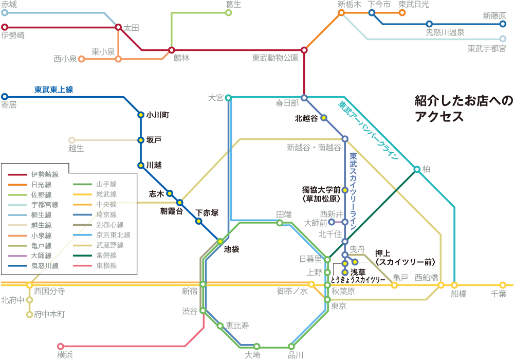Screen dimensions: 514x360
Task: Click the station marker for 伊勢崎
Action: click(4, 27)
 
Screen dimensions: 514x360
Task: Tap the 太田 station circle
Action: click(118, 27)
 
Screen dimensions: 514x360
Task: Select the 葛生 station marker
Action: click(229, 13)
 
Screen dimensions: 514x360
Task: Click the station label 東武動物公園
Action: click(276, 58)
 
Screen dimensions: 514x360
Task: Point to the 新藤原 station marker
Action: click(503, 24)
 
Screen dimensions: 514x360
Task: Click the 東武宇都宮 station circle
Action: click(503, 39)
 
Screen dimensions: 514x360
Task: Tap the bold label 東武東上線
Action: click(54, 89)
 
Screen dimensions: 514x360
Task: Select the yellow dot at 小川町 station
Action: click(141, 115)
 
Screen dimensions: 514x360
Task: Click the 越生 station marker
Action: click(72, 140)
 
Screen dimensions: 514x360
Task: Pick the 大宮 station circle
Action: click(229, 97)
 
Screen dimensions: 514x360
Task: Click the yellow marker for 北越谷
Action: click(323, 118)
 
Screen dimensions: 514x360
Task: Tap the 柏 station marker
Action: click(417, 169)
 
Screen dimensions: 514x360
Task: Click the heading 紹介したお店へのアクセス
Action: click(464, 109)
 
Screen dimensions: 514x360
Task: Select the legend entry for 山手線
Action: click(95, 184)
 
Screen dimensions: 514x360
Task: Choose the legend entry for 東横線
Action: click(95, 265)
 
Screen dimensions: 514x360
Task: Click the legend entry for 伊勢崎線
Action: click(33, 174)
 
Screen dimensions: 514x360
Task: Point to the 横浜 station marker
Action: click(60, 346)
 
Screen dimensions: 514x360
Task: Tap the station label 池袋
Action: click(231, 249)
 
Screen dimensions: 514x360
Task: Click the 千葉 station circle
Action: click(503, 285)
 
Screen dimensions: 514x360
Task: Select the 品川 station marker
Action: click(291, 346)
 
